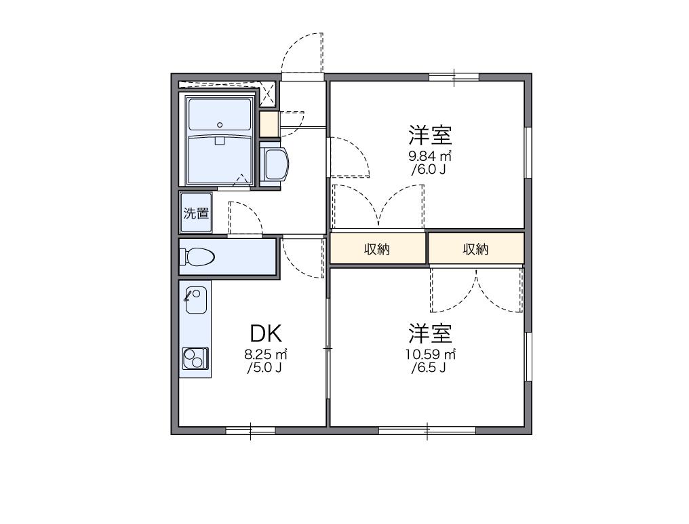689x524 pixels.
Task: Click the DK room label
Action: click(266, 333)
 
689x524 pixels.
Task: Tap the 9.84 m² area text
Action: click(429, 155)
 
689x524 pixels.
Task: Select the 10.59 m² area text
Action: click(430, 354)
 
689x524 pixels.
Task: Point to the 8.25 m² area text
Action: click(266, 354)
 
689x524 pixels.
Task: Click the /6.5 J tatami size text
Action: click(429, 369)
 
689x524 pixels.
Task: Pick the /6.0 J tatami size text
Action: click(429, 170)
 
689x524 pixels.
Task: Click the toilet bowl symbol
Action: click(197, 257)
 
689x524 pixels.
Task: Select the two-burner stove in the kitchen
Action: click(195, 357)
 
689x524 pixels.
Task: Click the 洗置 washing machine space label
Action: click(196, 213)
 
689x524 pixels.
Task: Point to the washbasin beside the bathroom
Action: click(275, 164)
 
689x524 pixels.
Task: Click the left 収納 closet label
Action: click(378, 249)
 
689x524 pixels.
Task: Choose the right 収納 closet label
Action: click(475, 249)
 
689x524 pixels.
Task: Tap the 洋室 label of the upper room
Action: click(430, 134)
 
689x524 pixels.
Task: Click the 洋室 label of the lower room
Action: click(430, 333)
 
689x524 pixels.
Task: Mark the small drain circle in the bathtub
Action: click(220, 124)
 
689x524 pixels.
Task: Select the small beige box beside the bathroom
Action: click(269, 124)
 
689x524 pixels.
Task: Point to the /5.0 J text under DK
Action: click(265, 369)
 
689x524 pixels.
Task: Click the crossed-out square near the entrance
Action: click(269, 94)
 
